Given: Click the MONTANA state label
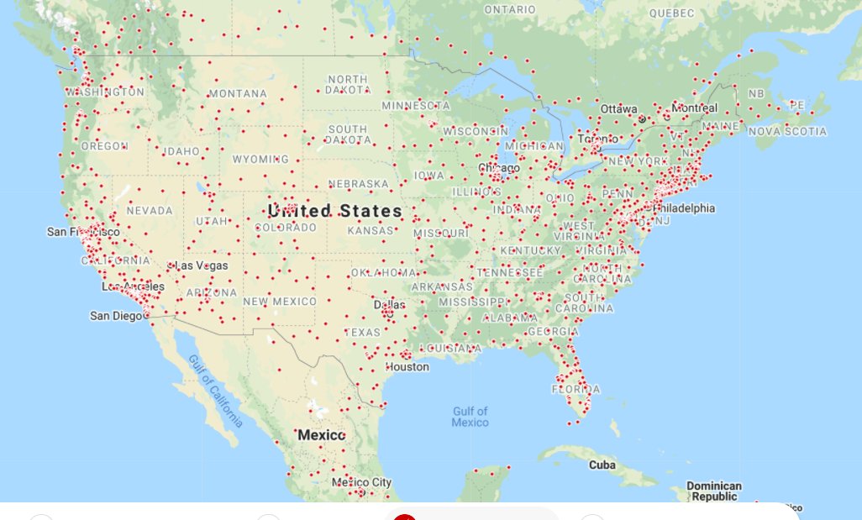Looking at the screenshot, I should click(x=238, y=93).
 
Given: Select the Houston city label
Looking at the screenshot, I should click(x=407, y=367).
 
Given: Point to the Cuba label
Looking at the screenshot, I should click(x=602, y=465).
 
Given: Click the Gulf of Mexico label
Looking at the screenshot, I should click(x=470, y=417).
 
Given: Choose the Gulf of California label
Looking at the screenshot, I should click(x=216, y=391).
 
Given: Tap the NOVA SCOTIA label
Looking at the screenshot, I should click(x=787, y=131).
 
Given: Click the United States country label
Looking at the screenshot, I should click(x=334, y=210).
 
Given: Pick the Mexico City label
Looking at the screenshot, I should click(x=361, y=482).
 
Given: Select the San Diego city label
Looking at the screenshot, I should click(x=116, y=316).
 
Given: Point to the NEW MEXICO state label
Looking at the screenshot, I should click(x=280, y=301).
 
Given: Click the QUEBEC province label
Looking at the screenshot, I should click(x=671, y=13).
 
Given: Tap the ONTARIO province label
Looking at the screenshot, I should click(x=509, y=9).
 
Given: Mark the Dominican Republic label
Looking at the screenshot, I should click(x=714, y=491).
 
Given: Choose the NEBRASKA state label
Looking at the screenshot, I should click(x=359, y=183).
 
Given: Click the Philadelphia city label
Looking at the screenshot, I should click(x=684, y=207).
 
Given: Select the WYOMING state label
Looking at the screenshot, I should click(x=260, y=159).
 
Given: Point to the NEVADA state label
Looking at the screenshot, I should click(x=150, y=210).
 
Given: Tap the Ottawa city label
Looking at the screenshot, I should click(x=619, y=108).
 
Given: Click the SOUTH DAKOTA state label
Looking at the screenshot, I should click(x=347, y=134).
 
